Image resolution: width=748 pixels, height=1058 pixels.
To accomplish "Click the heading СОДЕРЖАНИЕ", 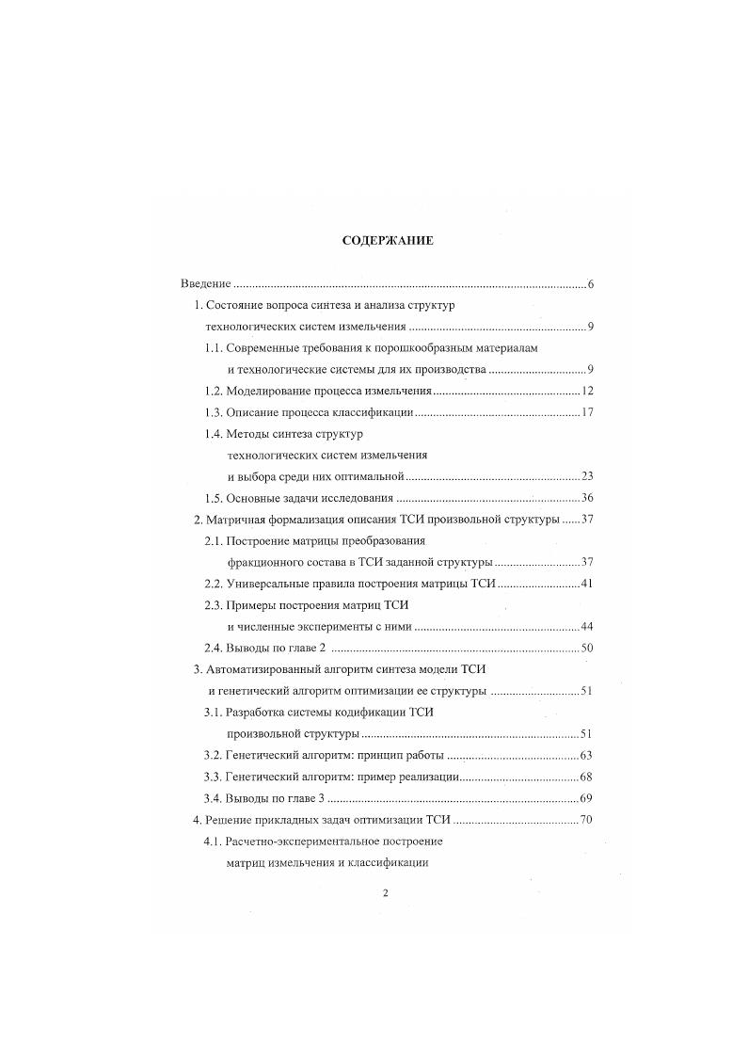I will pyautogui.click(x=387, y=241).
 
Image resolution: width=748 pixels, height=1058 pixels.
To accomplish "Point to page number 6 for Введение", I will pyautogui.click(x=590, y=284).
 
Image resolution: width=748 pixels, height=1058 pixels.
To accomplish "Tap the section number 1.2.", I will pyautogui.click(x=214, y=391).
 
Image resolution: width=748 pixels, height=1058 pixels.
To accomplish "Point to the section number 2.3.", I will pyautogui.click(x=214, y=605).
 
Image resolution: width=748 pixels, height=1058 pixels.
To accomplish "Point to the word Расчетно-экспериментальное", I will pyautogui.click(x=307, y=842).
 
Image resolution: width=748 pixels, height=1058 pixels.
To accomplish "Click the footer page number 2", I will pyautogui.click(x=386, y=894).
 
